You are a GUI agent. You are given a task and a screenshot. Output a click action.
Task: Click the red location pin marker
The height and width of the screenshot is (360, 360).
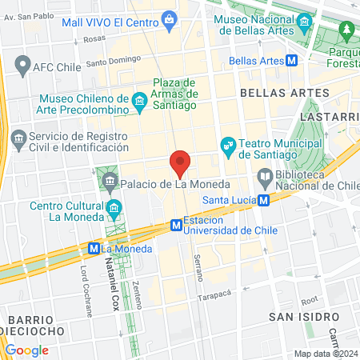(181, 162)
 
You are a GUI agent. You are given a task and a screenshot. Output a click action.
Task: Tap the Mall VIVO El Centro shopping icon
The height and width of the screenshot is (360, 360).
(169, 18)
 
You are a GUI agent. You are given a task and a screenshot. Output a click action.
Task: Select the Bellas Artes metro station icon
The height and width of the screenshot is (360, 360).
(294, 59)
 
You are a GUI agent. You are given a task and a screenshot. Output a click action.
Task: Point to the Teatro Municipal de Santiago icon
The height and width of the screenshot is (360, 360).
(228, 144)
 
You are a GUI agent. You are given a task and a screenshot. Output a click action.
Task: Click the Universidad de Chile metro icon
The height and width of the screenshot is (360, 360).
(175, 226)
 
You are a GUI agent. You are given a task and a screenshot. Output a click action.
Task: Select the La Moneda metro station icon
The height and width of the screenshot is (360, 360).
(94, 248)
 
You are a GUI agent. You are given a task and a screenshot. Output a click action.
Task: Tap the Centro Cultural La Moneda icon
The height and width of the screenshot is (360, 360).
(114, 210)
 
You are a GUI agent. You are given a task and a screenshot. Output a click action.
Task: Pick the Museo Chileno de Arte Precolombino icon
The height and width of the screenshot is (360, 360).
(139, 100)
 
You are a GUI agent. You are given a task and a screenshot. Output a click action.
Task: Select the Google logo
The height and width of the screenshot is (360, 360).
(26, 350)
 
